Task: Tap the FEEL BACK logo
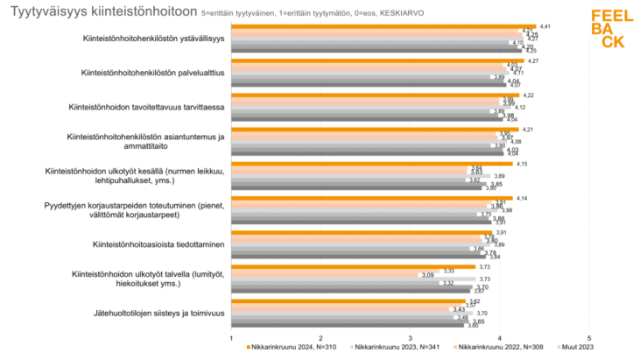click(606, 29)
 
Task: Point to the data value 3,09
click(428, 276)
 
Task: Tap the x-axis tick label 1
click(231, 338)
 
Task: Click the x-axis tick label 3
click(410, 338)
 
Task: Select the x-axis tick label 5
click(589, 338)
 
